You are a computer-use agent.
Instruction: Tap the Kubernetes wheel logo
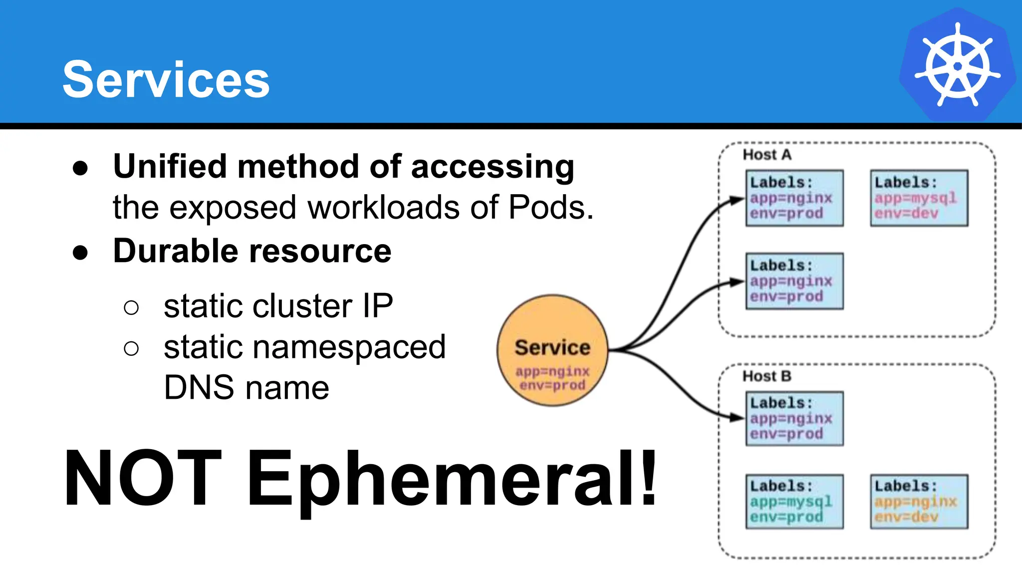point(957,65)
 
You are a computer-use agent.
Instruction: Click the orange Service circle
point(552,350)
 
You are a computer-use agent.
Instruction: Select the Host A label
point(767,155)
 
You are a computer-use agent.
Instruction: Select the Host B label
point(767,376)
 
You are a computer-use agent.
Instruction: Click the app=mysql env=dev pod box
point(919,198)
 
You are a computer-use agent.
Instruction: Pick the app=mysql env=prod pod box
point(794,502)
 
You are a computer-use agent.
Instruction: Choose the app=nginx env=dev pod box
point(919,502)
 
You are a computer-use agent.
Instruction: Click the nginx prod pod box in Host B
point(794,419)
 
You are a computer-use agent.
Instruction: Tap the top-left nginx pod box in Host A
point(794,198)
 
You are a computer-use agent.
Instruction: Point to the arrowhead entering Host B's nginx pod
point(738,417)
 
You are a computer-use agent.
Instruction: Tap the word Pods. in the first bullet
point(551,207)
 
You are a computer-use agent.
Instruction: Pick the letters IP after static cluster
point(378,306)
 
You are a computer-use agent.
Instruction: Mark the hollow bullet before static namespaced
point(131,348)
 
